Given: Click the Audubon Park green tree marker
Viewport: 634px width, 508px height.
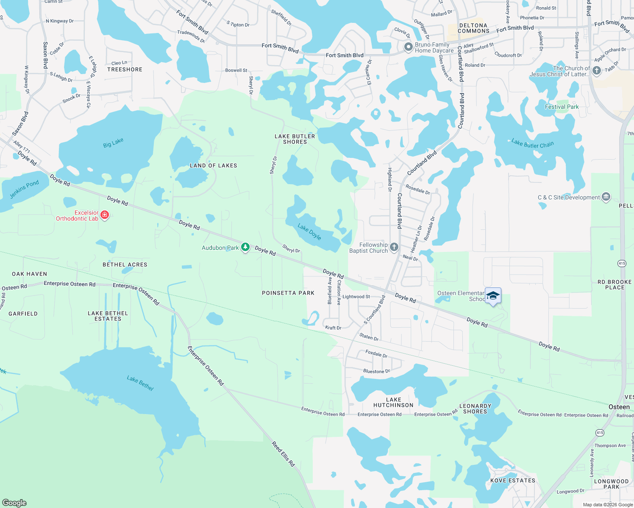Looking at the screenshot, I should [245, 247].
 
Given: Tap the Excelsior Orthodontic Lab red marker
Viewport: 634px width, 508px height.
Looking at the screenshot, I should [105, 215].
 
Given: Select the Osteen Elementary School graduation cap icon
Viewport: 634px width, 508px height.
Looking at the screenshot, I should [493, 295].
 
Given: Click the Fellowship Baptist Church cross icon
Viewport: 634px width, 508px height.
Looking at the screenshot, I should [394, 247].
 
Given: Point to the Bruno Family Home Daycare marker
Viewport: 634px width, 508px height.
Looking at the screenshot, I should [408, 47].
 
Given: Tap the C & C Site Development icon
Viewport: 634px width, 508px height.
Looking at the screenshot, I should [606, 197].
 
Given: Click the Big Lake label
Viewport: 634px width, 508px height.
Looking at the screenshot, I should [113, 143].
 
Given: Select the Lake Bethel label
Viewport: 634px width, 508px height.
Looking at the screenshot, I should [140, 383].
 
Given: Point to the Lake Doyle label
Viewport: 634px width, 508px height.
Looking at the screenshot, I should [309, 232].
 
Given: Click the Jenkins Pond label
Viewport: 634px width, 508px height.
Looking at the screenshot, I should [24, 189].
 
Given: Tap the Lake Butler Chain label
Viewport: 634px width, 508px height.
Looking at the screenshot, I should [532, 144].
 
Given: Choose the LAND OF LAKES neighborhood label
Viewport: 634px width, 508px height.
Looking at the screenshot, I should [213, 166].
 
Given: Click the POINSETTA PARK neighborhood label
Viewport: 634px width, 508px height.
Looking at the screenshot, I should [288, 293].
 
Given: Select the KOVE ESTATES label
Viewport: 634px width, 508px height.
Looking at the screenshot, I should [512, 480].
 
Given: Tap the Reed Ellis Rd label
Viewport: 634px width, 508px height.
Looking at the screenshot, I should [283, 454].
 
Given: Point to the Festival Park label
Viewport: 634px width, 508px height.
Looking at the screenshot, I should [562, 107].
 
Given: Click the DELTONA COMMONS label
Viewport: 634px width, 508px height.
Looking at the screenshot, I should [473, 28].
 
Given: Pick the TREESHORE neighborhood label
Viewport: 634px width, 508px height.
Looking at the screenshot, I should [125, 69].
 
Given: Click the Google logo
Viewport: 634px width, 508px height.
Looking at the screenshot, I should [14, 502].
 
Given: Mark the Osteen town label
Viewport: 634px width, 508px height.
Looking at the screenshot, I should [619, 407].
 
